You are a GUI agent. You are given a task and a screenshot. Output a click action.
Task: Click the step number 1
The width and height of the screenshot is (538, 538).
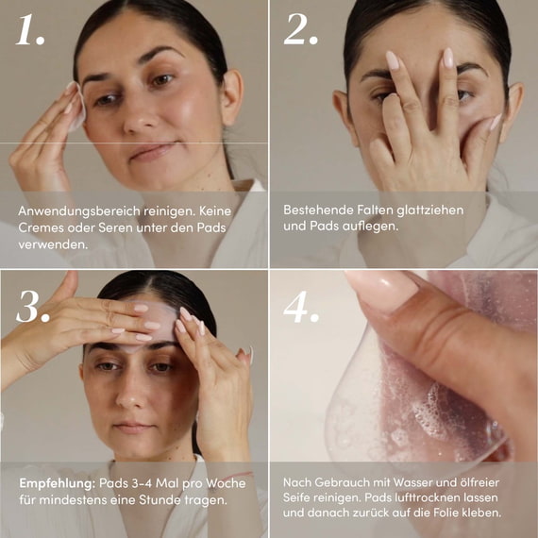pos(30,29)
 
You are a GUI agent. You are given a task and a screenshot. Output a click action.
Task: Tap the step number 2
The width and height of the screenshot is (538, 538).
pos(300,29)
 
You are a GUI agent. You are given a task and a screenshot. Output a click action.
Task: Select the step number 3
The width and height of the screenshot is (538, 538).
pos(33,307)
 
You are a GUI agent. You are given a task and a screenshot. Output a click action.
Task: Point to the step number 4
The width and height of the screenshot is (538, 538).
pos(301,307)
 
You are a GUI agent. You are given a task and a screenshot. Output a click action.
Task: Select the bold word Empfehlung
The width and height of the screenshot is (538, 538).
pos(57,483)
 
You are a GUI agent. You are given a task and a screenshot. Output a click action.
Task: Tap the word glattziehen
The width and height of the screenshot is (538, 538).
pos(430,210)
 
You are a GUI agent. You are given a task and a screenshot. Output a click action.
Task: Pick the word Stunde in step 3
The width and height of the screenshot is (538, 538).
pos(160,500)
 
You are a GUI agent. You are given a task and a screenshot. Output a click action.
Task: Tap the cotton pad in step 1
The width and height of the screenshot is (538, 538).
pos(76,109)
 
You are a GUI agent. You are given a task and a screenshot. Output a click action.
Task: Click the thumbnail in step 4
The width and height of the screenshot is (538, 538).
pos(383,288)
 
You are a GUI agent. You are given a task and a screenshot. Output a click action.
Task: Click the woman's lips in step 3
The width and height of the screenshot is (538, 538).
pos(133,428)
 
